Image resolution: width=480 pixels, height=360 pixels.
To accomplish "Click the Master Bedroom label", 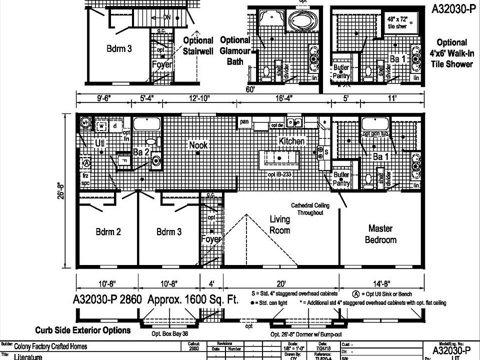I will point(382,234).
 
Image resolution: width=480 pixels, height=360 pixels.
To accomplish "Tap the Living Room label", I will point(279,224).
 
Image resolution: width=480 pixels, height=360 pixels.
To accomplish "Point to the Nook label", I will point(198,145).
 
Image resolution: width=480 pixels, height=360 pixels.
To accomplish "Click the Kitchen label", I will point(291,141).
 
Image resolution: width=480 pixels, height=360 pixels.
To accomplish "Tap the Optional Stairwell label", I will point(198,45).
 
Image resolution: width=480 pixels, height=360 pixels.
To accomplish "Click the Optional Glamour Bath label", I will point(235,50).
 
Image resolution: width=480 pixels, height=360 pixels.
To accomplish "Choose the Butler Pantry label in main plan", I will point(341,179).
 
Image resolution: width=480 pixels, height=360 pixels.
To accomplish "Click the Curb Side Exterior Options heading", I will point(82,330).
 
